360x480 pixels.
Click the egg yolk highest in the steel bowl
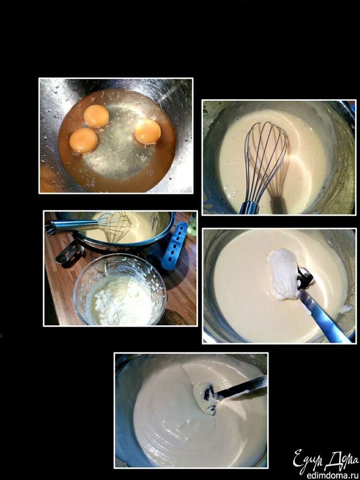tap(97, 116)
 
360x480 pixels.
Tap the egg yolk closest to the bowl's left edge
tap(83, 140)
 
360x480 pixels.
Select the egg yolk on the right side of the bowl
tap(148, 132)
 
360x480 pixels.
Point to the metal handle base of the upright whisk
tap(249, 208)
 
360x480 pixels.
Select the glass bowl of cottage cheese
tap(120, 290)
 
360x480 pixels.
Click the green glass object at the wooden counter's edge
tap(192, 225)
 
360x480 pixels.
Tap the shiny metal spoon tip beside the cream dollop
tap(304, 278)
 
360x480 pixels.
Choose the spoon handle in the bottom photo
tap(242, 387)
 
